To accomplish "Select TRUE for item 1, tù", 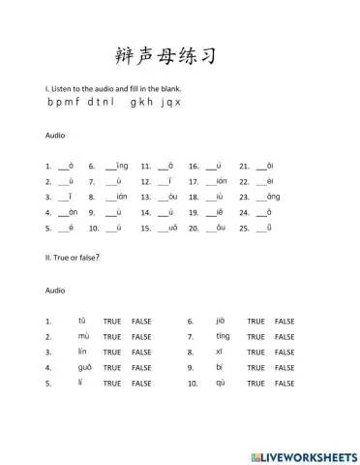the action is tap(113, 321).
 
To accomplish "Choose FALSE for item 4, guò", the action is tap(142, 368).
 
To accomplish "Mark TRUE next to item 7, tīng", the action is tap(255, 336).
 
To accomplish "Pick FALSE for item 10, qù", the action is tap(285, 384).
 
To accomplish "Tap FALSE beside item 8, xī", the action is tap(285, 352).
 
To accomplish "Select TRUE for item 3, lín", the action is tap(113, 352).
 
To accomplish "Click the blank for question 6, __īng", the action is tap(108, 167).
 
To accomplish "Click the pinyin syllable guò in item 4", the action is tap(84, 368).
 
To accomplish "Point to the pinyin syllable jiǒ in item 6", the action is tap(220, 321).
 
